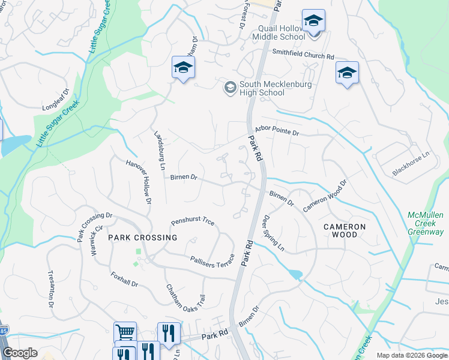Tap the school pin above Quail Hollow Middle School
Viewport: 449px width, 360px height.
[313, 22]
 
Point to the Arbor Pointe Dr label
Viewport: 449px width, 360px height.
[277, 129]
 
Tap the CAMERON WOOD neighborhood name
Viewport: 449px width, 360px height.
[344, 230]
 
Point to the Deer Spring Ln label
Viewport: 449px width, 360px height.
[273, 233]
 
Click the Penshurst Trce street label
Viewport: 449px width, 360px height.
[192, 221]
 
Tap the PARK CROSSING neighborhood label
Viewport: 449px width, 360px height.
[143, 238]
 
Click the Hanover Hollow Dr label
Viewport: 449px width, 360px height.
[139, 181]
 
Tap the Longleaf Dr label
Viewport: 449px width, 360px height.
[56, 100]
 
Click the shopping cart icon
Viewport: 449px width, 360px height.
[125, 332]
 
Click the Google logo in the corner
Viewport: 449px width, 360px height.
[20, 353]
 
